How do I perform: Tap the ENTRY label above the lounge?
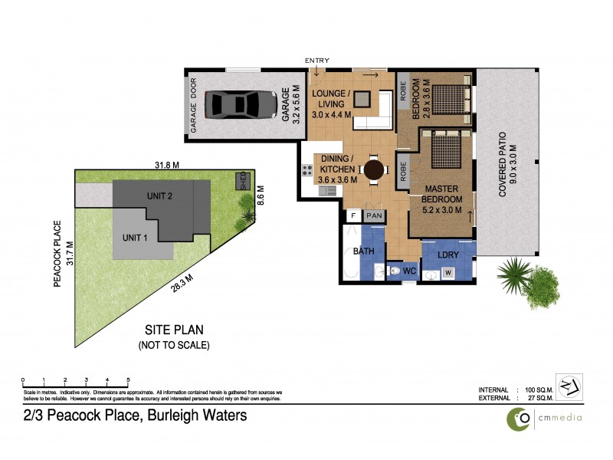click(x=316, y=61)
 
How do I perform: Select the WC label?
click(x=409, y=271)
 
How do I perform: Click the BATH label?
click(x=362, y=251)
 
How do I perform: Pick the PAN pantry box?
click(x=375, y=216)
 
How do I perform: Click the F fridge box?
click(x=354, y=216)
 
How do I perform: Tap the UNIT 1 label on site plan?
click(x=136, y=237)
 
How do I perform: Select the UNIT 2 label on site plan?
click(x=159, y=196)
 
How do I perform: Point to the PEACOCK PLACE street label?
click(x=57, y=255)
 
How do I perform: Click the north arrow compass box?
click(x=568, y=385)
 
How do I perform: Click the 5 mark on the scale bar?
click(x=128, y=380)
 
